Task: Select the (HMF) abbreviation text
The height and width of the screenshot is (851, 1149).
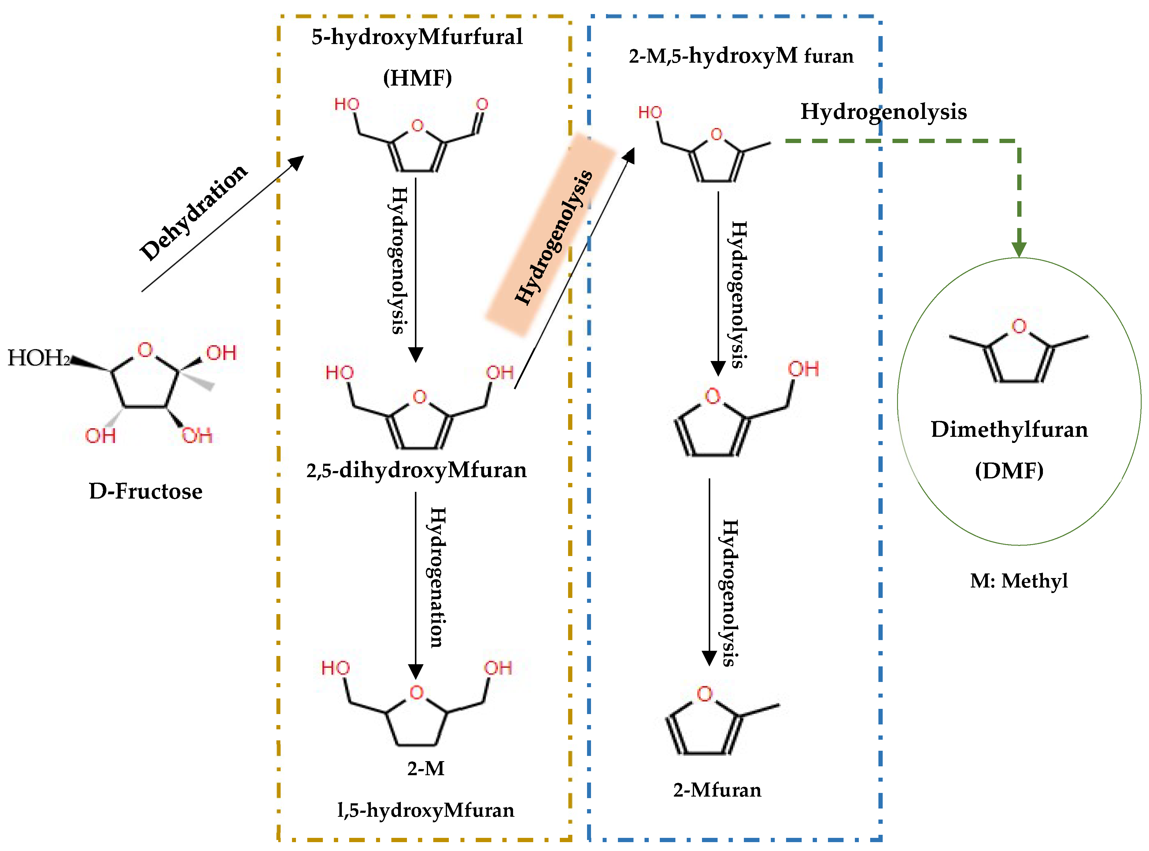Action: point(417,78)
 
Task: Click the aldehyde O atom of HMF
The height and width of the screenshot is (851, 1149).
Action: point(482,105)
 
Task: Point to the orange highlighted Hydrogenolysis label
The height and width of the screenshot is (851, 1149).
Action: point(553,237)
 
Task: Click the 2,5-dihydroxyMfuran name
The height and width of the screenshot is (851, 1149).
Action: point(416,470)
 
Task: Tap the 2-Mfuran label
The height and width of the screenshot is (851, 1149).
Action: point(717,790)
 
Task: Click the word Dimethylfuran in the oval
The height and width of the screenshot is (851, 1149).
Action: point(1009,429)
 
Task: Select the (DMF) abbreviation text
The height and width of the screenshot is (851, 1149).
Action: point(1009,470)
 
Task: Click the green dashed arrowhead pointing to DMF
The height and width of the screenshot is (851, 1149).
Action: point(1019,250)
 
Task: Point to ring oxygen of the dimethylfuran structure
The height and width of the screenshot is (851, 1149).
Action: point(1019,326)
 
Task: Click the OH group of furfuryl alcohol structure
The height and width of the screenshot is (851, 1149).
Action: point(803,369)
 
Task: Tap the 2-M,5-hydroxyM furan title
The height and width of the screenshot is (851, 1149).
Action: point(741,56)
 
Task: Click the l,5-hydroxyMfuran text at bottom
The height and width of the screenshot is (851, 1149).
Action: point(426,810)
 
